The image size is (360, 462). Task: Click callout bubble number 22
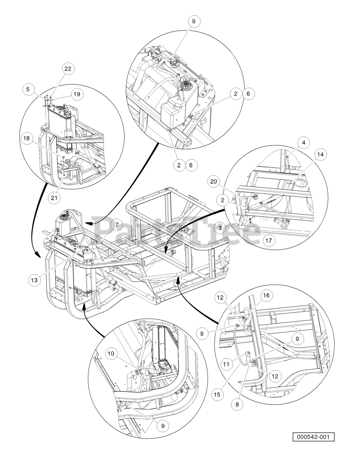pyautogui.click(x=68, y=69)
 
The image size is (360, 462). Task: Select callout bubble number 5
pyautogui.click(x=28, y=89)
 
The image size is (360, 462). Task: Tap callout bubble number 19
pyautogui.click(x=77, y=94)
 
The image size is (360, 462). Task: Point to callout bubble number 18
pyautogui.click(x=27, y=138)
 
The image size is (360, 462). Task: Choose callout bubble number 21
pyautogui.click(x=54, y=198)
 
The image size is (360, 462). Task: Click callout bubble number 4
pyautogui.click(x=303, y=143)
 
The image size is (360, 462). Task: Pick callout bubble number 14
pyautogui.click(x=320, y=154)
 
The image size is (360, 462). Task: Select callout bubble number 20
pyautogui.click(x=214, y=182)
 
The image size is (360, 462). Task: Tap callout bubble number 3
pyautogui.click(x=220, y=228)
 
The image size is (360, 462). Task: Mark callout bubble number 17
pyautogui.click(x=269, y=240)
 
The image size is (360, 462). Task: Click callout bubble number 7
pyautogui.click(x=117, y=225)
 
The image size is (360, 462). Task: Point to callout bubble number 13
pyautogui.click(x=34, y=280)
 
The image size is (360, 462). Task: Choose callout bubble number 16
pyautogui.click(x=266, y=295)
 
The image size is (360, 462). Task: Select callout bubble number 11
pyautogui.click(x=227, y=365)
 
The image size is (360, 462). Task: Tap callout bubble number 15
pyautogui.click(x=217, y=395)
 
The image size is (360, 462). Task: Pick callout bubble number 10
pyautogui.click(x=111, y=354)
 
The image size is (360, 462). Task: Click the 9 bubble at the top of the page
pyautogui.click(x=193, y=21)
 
